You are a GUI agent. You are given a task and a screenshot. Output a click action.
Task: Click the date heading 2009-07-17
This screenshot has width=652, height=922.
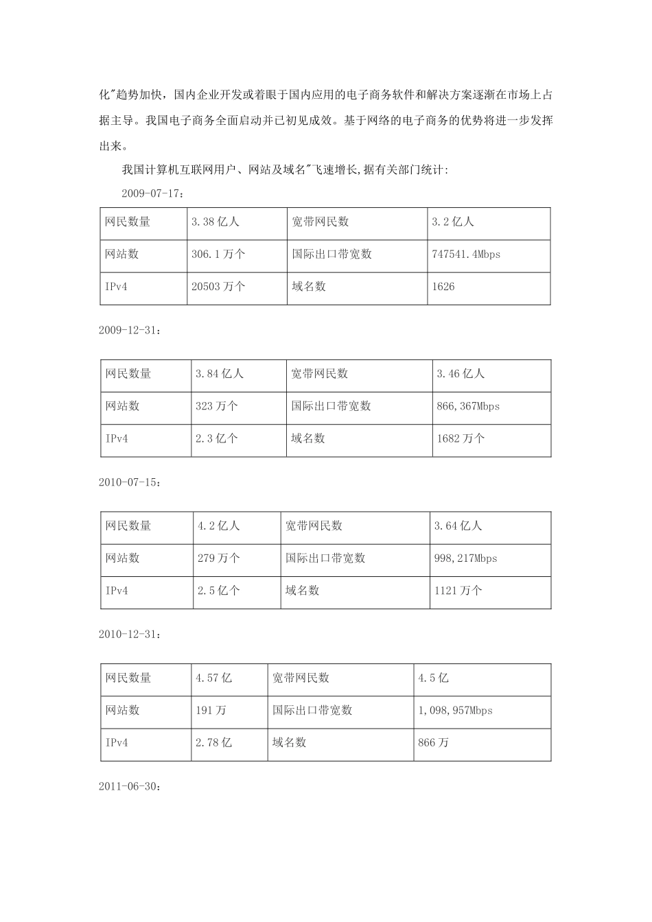(152, 193)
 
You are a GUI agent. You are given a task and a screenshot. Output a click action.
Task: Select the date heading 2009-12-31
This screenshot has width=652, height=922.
(130, 330)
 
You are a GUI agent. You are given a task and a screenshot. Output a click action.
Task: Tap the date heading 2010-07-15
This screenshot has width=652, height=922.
(130, 482)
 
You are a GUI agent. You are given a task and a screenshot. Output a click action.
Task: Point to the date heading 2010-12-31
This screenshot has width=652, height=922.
(130, 635)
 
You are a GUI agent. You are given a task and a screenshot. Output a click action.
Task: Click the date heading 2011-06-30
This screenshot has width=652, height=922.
(130, 787)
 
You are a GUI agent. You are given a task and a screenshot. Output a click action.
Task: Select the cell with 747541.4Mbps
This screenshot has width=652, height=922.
(466, 255)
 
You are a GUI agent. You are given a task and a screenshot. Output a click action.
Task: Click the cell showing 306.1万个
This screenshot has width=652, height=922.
(218, 255)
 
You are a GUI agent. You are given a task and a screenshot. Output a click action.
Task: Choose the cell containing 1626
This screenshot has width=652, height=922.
(443, 287)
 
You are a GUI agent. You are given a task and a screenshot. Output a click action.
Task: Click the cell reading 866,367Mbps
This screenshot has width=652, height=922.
(468, 406)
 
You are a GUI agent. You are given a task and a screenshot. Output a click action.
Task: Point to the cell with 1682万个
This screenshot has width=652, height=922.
(461, 438)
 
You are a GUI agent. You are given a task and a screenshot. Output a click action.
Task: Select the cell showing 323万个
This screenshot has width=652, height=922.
(217, 406)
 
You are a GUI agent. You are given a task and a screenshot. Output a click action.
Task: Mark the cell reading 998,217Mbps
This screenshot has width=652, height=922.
(465, 558)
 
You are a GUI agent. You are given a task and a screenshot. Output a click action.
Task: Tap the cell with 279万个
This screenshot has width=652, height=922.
(219, 558)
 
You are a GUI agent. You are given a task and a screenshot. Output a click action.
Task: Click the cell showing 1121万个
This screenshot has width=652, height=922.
(458, 591)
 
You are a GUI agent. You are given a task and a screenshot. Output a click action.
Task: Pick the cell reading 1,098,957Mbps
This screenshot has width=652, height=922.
(455, 711)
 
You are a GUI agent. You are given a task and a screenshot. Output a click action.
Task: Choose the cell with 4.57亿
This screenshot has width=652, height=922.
(214, 678)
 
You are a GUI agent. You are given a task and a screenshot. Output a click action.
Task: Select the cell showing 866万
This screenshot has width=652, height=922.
(434, 743)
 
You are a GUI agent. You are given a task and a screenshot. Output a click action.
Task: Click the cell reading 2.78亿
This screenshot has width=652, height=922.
(214, 743)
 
